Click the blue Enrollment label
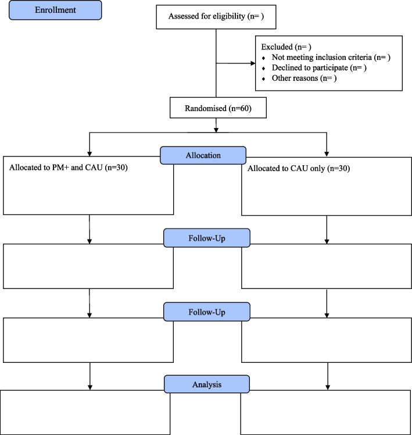click(51, 10)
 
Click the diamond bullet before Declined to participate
click(264, 69)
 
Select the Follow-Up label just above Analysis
click(207, 311)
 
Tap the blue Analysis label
click(207, 384)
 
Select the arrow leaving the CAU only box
click(328, 233)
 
